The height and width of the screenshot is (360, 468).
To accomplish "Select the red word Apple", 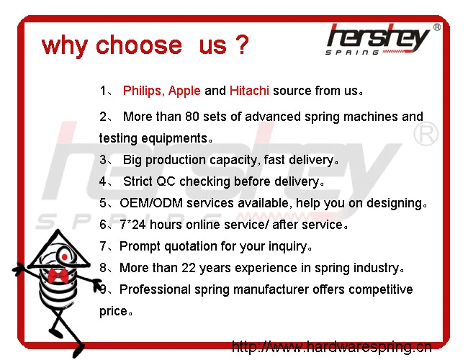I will (184, 91).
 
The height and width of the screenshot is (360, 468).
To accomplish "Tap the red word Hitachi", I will (249, 91).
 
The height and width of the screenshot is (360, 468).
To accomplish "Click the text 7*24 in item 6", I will (135, 225).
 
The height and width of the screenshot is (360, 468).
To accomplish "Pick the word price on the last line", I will (112, 311).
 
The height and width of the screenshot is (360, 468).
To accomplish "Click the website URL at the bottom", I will (331, 348).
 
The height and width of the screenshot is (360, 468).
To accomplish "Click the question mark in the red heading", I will (241, 45).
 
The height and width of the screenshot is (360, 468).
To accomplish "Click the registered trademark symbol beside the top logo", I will (437, 27).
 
